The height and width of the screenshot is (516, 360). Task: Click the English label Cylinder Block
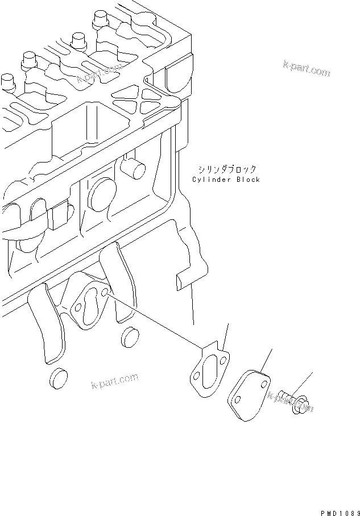click(x=226, y=180)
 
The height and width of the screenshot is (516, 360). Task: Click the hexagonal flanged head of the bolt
click(x=300, y=404)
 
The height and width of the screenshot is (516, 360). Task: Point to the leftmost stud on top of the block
click(x=7, y=82)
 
